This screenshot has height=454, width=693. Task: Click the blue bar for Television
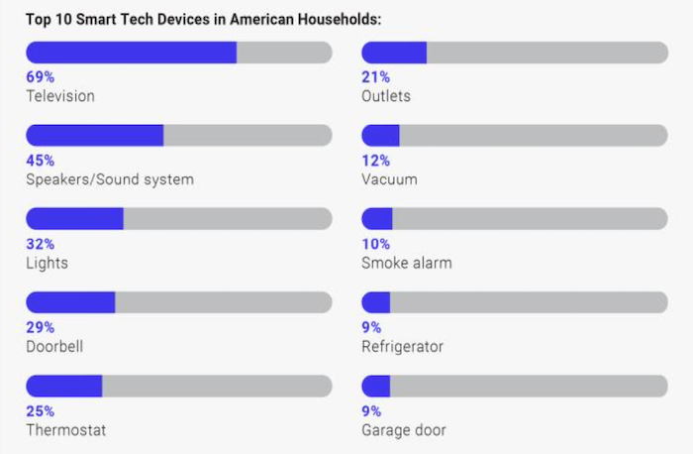click(x=131, y=53)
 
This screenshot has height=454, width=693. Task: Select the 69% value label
click(x=40, y=77)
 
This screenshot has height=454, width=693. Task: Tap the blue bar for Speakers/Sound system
click(x=94, y=136)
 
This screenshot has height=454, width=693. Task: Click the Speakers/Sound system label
click(x=110, y=179)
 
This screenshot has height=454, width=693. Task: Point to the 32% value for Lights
click(x=40, y=244)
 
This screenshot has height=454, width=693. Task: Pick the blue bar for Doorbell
click(x=70, y=302)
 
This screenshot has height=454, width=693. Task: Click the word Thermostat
click(x=65, y=430)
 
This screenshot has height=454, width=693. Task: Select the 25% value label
click(x=40, y=411)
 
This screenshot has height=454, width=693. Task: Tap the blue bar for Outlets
click(x=394, y=53)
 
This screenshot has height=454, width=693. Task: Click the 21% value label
click(x=376, y=77)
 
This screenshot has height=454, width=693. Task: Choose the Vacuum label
click(x=389, y=179)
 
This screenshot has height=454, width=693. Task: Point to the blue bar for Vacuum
click(x=380, y=136)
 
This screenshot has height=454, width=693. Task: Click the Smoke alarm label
click(x=407, y=263)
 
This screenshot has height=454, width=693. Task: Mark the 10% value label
click(x=376, y=244)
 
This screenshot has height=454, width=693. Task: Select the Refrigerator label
click(x=402, y=347)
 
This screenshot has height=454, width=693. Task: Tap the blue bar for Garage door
click(x=376, y=386)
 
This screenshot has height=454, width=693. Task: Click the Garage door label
click(x=404, y=430)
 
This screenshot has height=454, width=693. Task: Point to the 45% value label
click(x=40, y=161)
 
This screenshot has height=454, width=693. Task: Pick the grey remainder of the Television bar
click(x=284, y=53)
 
